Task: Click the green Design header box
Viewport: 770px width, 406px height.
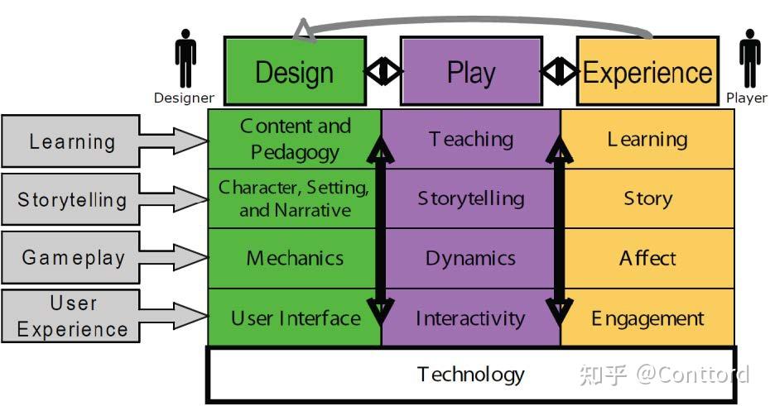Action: point(295,72)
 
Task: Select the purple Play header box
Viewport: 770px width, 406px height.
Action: point(470,72)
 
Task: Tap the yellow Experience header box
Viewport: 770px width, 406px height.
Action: point(647,72)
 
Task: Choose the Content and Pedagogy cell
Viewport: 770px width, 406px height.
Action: point(295,139)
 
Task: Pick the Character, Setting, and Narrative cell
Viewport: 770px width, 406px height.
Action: point(295,198)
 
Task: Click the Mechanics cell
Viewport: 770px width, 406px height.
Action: point(295,258)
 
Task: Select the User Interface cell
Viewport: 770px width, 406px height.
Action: point(295,318)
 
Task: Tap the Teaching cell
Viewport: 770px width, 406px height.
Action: point(470,139)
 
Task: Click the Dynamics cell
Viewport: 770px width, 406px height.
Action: point(470,258)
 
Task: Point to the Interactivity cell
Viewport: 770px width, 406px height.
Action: point(470,318)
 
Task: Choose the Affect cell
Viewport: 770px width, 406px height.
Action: point(647,258)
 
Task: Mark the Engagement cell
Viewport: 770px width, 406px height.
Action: point(647,318)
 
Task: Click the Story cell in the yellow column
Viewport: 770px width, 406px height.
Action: point(647,198)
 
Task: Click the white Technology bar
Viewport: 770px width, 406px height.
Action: point(470,375)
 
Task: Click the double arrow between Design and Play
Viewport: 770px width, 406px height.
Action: point(383,71)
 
